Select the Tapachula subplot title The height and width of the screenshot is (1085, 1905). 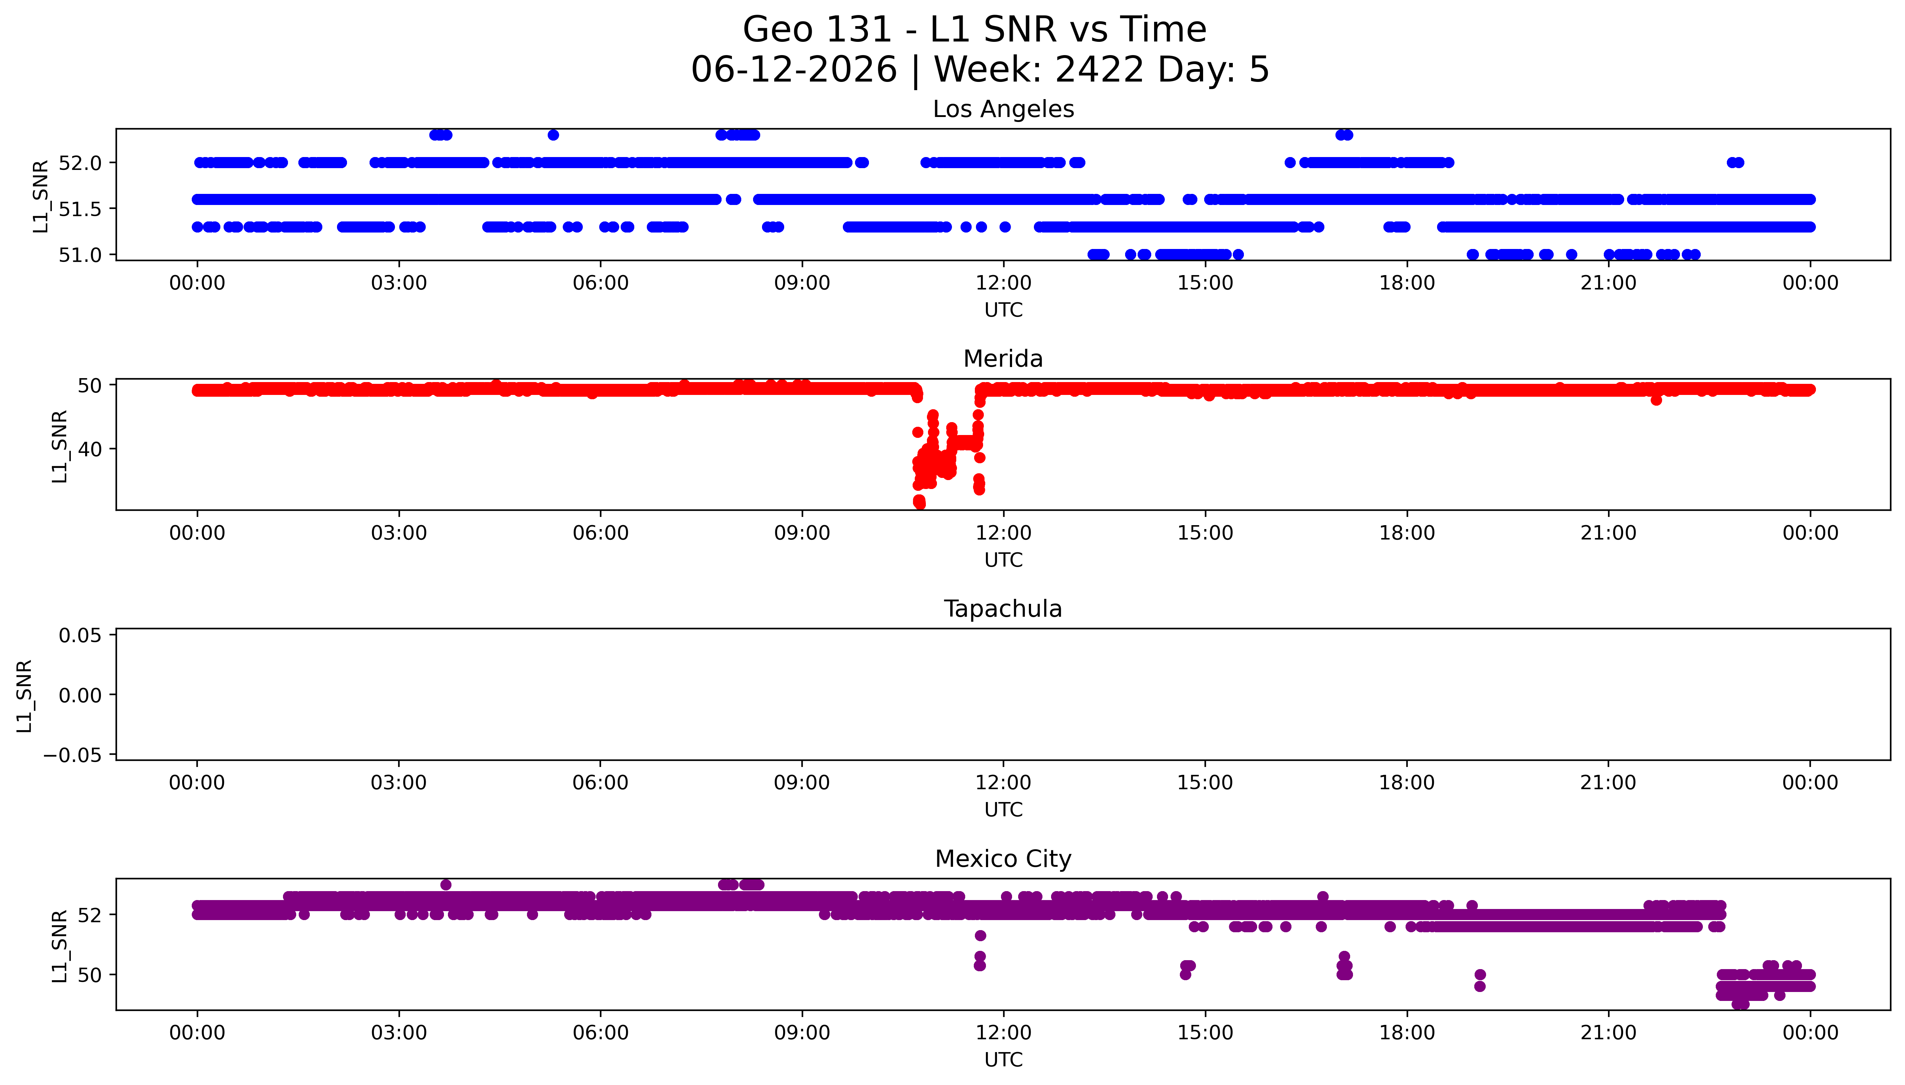(1003, 609)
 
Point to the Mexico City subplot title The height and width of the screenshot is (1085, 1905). (1003, 859)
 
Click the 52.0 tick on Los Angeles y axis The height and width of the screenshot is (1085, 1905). (80, 162)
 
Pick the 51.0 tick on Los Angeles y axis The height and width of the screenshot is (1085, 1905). (80, 255)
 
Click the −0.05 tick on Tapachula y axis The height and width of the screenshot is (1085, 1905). (72, 755)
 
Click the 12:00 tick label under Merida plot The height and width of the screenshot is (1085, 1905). (1003, 533)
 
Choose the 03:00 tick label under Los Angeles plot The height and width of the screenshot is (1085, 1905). (399, 283)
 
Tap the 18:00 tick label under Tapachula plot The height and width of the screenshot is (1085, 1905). (1407, 782)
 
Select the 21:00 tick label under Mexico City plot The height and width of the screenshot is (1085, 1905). (1608, 1033)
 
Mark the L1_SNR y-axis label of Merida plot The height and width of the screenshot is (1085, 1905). (60, 446)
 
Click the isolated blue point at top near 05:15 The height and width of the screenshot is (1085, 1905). (553, 135)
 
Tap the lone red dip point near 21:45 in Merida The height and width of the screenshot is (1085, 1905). (1656, 400)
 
